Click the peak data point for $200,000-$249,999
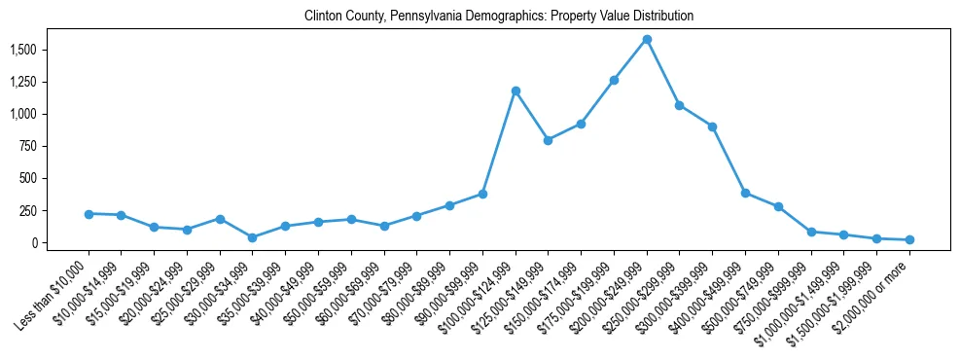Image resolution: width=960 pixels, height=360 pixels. click(x=647, y=39)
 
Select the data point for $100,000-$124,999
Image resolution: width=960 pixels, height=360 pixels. click(x=516, y=90)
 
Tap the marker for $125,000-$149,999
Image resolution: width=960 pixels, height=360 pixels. click(x=549, y=140)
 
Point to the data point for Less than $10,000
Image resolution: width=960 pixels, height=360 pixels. click(x=89, y=213)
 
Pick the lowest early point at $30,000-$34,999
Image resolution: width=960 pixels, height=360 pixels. click(x=253, y=237)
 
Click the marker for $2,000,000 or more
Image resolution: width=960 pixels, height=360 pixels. click(x=909, y=239)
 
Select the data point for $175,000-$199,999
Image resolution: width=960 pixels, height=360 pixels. click(x=614, y=80)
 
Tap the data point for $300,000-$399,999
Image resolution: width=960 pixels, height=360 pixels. click(x=712, y=126)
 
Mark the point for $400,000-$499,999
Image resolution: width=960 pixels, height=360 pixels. click(x=745, y=193)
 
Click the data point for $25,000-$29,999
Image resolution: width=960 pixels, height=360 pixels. click(x=220, y=219)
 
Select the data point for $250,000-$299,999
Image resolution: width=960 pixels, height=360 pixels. click(x=680, y=105)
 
